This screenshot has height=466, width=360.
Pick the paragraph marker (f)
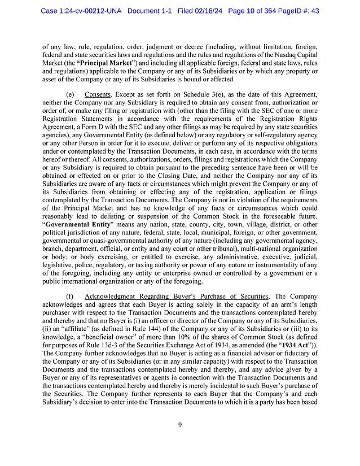point(69,297)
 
